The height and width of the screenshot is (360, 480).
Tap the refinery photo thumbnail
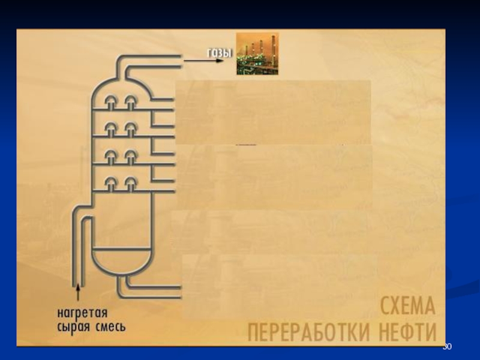click(257, 54)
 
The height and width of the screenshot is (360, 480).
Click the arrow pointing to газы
click(195, 58)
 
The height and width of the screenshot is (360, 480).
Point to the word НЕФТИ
click(408, 331)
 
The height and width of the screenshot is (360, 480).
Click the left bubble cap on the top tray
click(112, 102)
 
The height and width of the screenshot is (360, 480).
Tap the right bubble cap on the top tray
click(130, 102)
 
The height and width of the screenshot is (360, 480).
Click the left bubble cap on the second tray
click(112, 128)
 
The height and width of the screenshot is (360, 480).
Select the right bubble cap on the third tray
click(130, 156)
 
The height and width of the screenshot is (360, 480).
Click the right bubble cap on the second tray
click(130, 128)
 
